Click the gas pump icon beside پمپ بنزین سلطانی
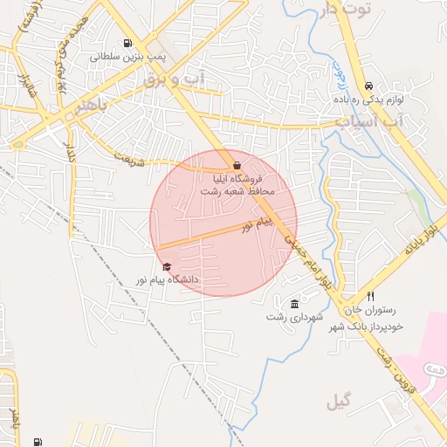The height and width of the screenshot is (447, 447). click(129, 44)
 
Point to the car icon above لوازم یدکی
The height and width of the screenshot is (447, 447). click(369, 86)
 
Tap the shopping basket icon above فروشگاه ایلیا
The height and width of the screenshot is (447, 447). click(237, 165)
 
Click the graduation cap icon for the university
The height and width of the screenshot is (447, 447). click(167, 267)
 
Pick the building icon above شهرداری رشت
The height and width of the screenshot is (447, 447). click(294, 304)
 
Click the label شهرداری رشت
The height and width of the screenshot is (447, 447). click(294, 316)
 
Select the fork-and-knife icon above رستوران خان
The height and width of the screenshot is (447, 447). click(371, 297)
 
